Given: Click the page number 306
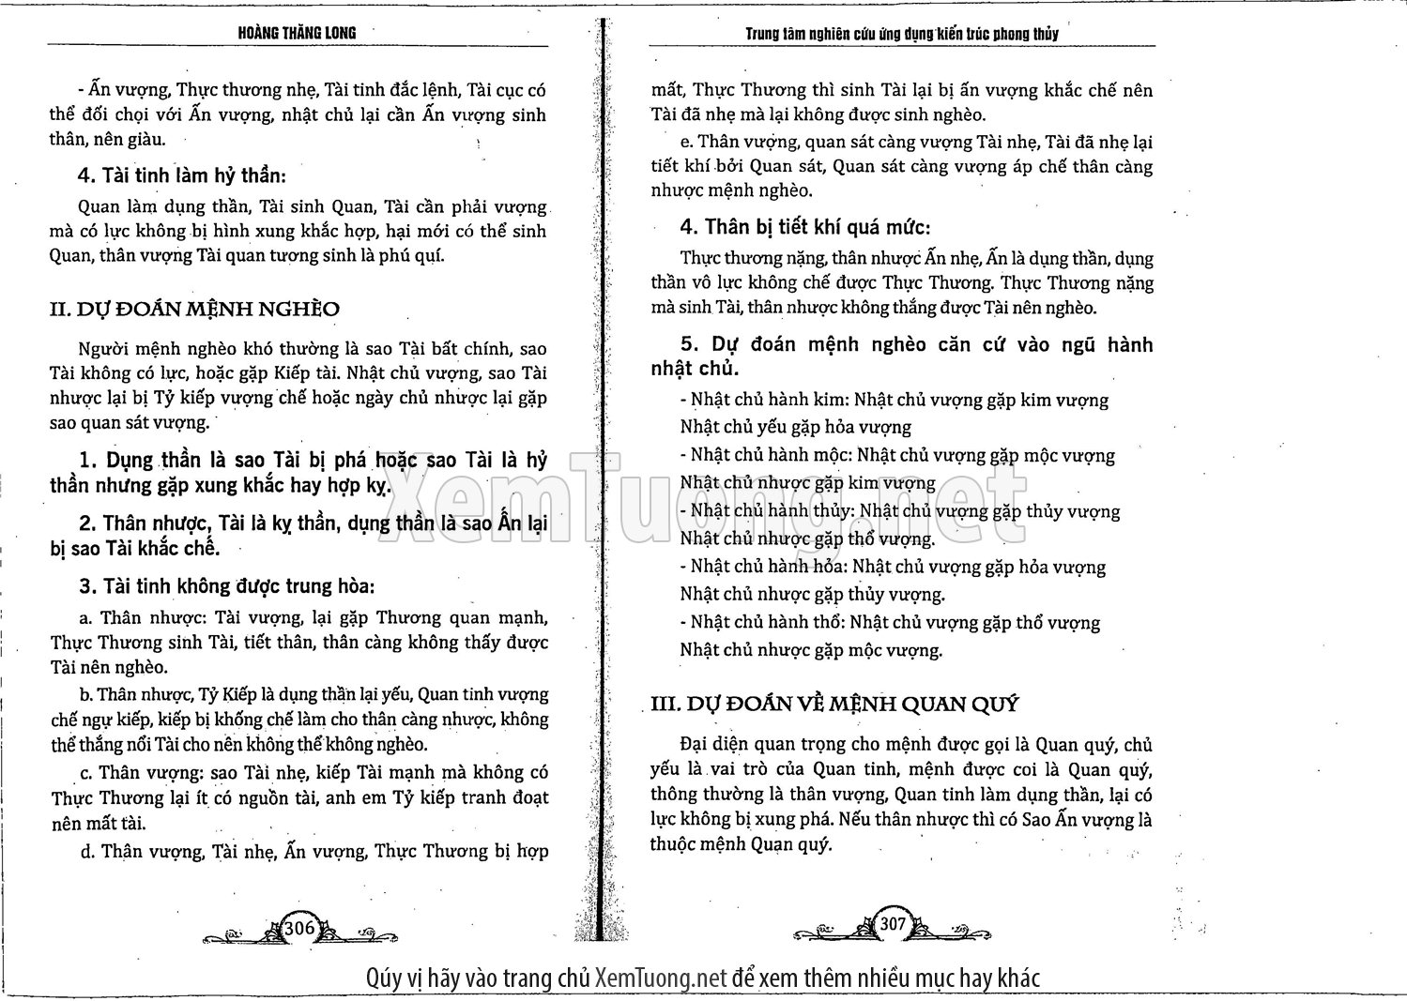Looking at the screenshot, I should [298, 928].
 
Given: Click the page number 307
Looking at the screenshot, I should [893, 924].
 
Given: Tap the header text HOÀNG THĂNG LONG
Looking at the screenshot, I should [298, 33].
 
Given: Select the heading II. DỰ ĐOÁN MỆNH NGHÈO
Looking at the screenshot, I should [194, 309].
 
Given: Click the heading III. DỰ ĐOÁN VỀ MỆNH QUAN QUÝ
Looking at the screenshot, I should [834, 704].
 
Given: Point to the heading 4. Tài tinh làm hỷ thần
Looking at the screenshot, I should [183, 175].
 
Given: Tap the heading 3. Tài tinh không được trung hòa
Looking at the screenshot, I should [227, 586].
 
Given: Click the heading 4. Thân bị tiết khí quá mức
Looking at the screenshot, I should [804, 227].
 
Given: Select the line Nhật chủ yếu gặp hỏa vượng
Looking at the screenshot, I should [795, 428].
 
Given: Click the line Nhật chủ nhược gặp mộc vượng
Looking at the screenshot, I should [810, 649].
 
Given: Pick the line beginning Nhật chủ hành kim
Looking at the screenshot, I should [895, 401].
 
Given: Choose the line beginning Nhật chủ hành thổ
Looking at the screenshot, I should [890, 622].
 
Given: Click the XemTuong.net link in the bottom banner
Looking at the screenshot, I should [661, 978].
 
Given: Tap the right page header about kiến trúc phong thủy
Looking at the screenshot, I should [901, 34].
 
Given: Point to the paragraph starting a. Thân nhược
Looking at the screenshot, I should [298, 643].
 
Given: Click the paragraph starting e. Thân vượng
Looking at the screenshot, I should [901, 166].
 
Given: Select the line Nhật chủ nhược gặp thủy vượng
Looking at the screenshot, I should [812, 594].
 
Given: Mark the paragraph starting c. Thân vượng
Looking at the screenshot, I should [298, 797].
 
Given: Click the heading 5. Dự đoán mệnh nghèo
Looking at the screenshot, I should [901, 356].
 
